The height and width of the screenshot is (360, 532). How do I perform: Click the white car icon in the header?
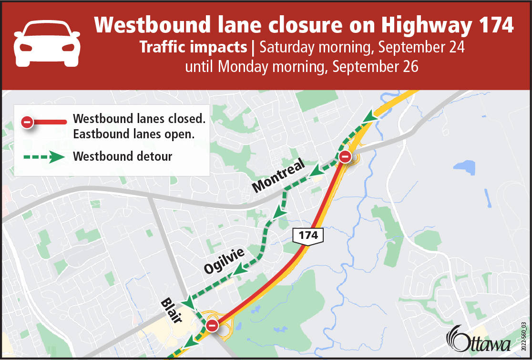tap(47, 42)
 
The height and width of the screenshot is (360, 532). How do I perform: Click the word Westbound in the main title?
tap(146, 25)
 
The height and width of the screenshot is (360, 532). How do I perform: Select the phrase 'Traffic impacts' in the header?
tap(193, 48)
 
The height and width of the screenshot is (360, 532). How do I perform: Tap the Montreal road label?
tap(279, 176)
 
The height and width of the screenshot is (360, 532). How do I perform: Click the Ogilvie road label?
tap(224, 260)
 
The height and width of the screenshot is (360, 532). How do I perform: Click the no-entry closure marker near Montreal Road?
tap(345, 156)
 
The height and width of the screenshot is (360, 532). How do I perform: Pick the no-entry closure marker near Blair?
tap(212, 326)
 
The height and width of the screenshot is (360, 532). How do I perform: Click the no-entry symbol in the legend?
tap(28, 123)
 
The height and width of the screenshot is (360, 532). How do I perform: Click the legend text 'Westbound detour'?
tap(123, 156)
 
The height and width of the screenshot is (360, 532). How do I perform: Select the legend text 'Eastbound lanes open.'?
tap(133, 134)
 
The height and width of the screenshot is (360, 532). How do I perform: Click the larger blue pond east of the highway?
tap(464, 167)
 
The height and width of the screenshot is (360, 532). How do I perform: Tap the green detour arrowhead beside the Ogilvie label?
tap(241, 270)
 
